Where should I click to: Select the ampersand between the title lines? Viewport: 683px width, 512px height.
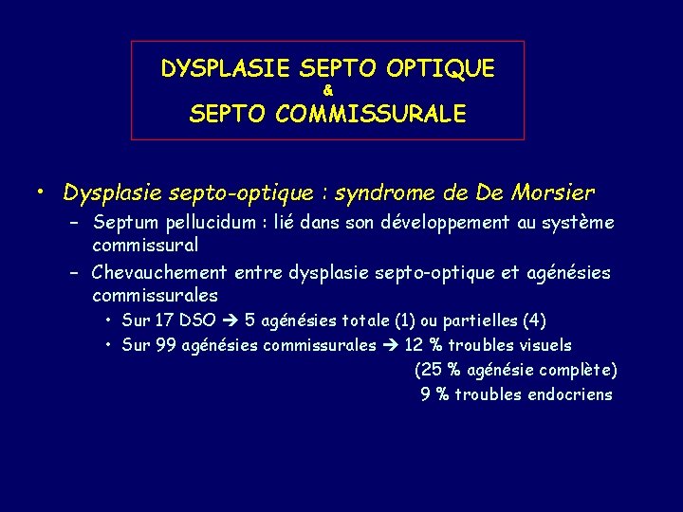pyautogui.click(x=327, y=91)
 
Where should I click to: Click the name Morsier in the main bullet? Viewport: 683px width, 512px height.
pyautogui.click(x=553, y=193)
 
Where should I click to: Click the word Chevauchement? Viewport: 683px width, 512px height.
pyautogui.click(x=162, y=274)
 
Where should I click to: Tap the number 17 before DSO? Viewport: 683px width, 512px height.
pyautogui.click(x=166, y=321)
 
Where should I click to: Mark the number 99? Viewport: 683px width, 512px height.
pyautogui.click(x=166, y=345)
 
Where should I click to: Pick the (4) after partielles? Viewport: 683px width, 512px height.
pyautogui.click(x=534, y=321)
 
